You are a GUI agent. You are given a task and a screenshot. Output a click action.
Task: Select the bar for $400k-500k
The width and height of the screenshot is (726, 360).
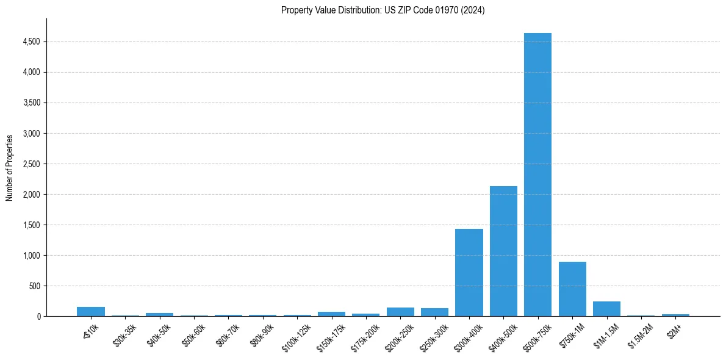(503, 251)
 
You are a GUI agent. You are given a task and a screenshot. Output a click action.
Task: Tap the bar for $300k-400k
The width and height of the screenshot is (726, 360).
(469, 272)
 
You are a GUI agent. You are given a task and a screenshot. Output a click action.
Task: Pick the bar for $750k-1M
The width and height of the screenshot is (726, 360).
(572, 289)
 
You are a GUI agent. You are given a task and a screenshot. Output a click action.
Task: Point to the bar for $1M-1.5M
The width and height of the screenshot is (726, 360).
(606, 309)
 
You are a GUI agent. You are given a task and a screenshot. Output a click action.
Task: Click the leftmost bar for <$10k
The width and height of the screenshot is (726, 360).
(91, 312)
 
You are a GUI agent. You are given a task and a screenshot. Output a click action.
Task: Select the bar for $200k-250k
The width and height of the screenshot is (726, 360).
(400, 312)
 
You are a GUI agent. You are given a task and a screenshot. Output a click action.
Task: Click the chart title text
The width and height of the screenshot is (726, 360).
(383, 10)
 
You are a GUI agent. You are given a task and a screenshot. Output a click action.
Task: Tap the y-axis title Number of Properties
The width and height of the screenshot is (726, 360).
(10, 168)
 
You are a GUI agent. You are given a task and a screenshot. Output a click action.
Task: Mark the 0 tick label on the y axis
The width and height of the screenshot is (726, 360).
(38, 317)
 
